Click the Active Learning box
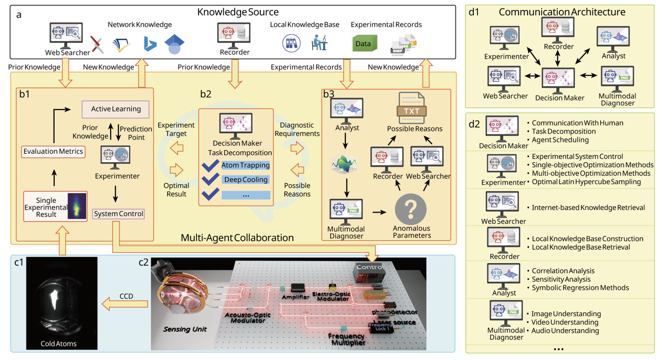(x=116, y=109)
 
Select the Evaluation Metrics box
(x=53, y=152)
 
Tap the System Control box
(x=118, y=214)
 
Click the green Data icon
(x=364, y=44)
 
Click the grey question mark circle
(x=411, y=209)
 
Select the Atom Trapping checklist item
(x=245, y=165)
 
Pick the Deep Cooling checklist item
(x=246, y=180)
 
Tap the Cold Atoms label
(x=59, y=344)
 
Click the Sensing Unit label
(x=185, y=329)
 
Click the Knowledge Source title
(x=238, y=12)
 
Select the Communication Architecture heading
(x=562, y=12)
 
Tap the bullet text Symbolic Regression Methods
(x=580, y=288)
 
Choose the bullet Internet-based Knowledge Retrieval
(x=588, y=208)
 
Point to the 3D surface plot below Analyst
(x=344, y=164)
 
